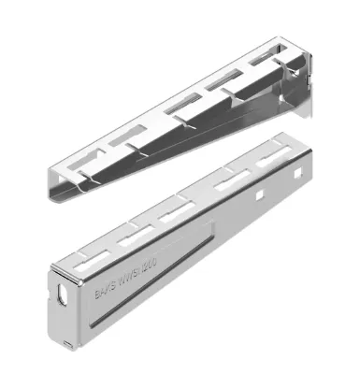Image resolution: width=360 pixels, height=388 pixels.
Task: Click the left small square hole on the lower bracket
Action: (254, 196)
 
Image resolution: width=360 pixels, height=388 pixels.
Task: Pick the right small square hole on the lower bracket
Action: (277, 187)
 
